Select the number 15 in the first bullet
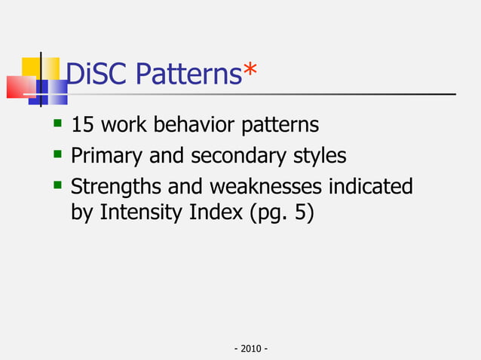(x=81, y=124)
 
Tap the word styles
(x=321, y=156)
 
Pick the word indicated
(x=372, y=186)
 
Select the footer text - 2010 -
(x=252, y=349)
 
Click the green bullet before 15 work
(x=56, y=122)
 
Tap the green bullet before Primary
(x=56, y=154)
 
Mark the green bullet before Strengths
(x=56, y=185)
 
